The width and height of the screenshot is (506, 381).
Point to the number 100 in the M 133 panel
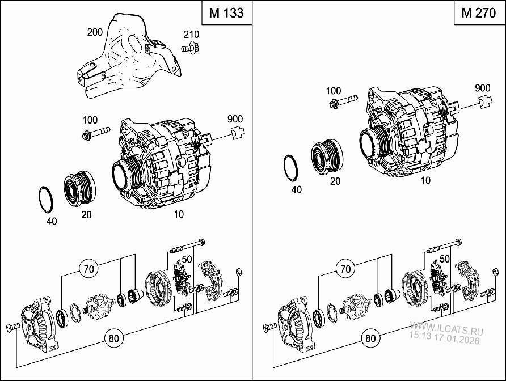pyautogui.click(x=89, y=120)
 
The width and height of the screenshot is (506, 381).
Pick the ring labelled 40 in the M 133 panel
pyautogui.click(x=45, y=199)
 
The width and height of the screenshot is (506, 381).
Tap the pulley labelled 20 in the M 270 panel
pyautogui.click(x=327, y=157)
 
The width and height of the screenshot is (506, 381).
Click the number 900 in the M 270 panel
pyautogui.click(x=483, y=88)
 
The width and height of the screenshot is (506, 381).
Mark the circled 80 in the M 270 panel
pyautogui.click(x=370, y=338)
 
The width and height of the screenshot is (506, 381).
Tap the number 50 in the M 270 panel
pyautogui.click(x=445, y=259)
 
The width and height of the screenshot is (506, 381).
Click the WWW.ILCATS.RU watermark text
pyautogui.click(x=445, y=328)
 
